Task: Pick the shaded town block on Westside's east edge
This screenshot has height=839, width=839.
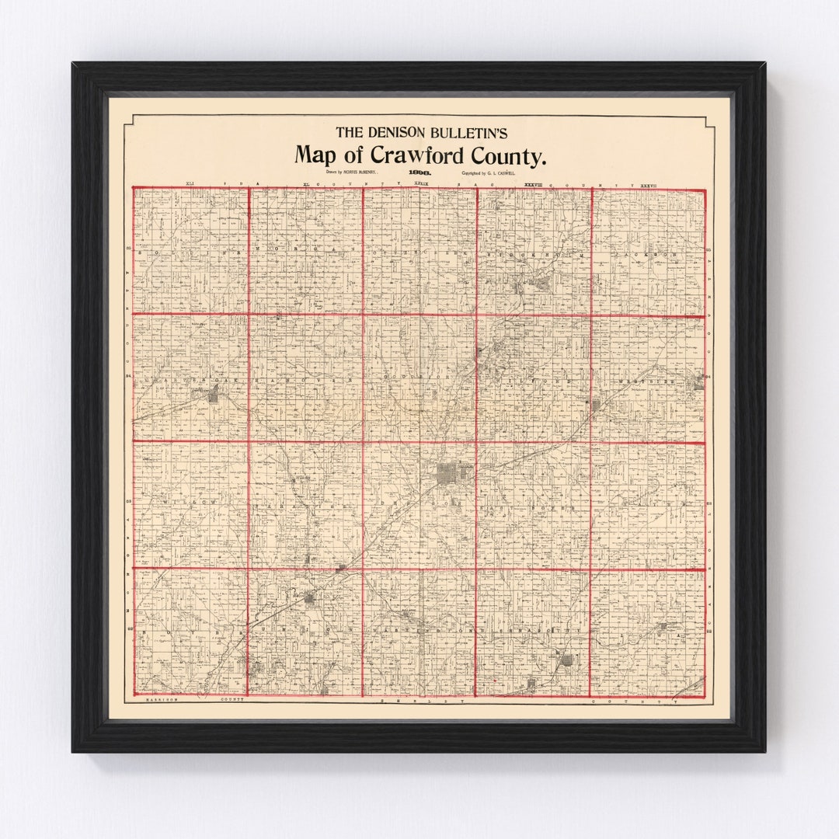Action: [x=698, y=381]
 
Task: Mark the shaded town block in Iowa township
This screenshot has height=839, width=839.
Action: [x=662, y=626]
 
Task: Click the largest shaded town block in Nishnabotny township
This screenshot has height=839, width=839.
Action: [x=567, y=660]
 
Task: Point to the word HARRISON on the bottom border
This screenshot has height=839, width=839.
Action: [x=162, y=700]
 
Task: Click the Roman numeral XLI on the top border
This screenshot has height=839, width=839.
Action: [x=190, y=184]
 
